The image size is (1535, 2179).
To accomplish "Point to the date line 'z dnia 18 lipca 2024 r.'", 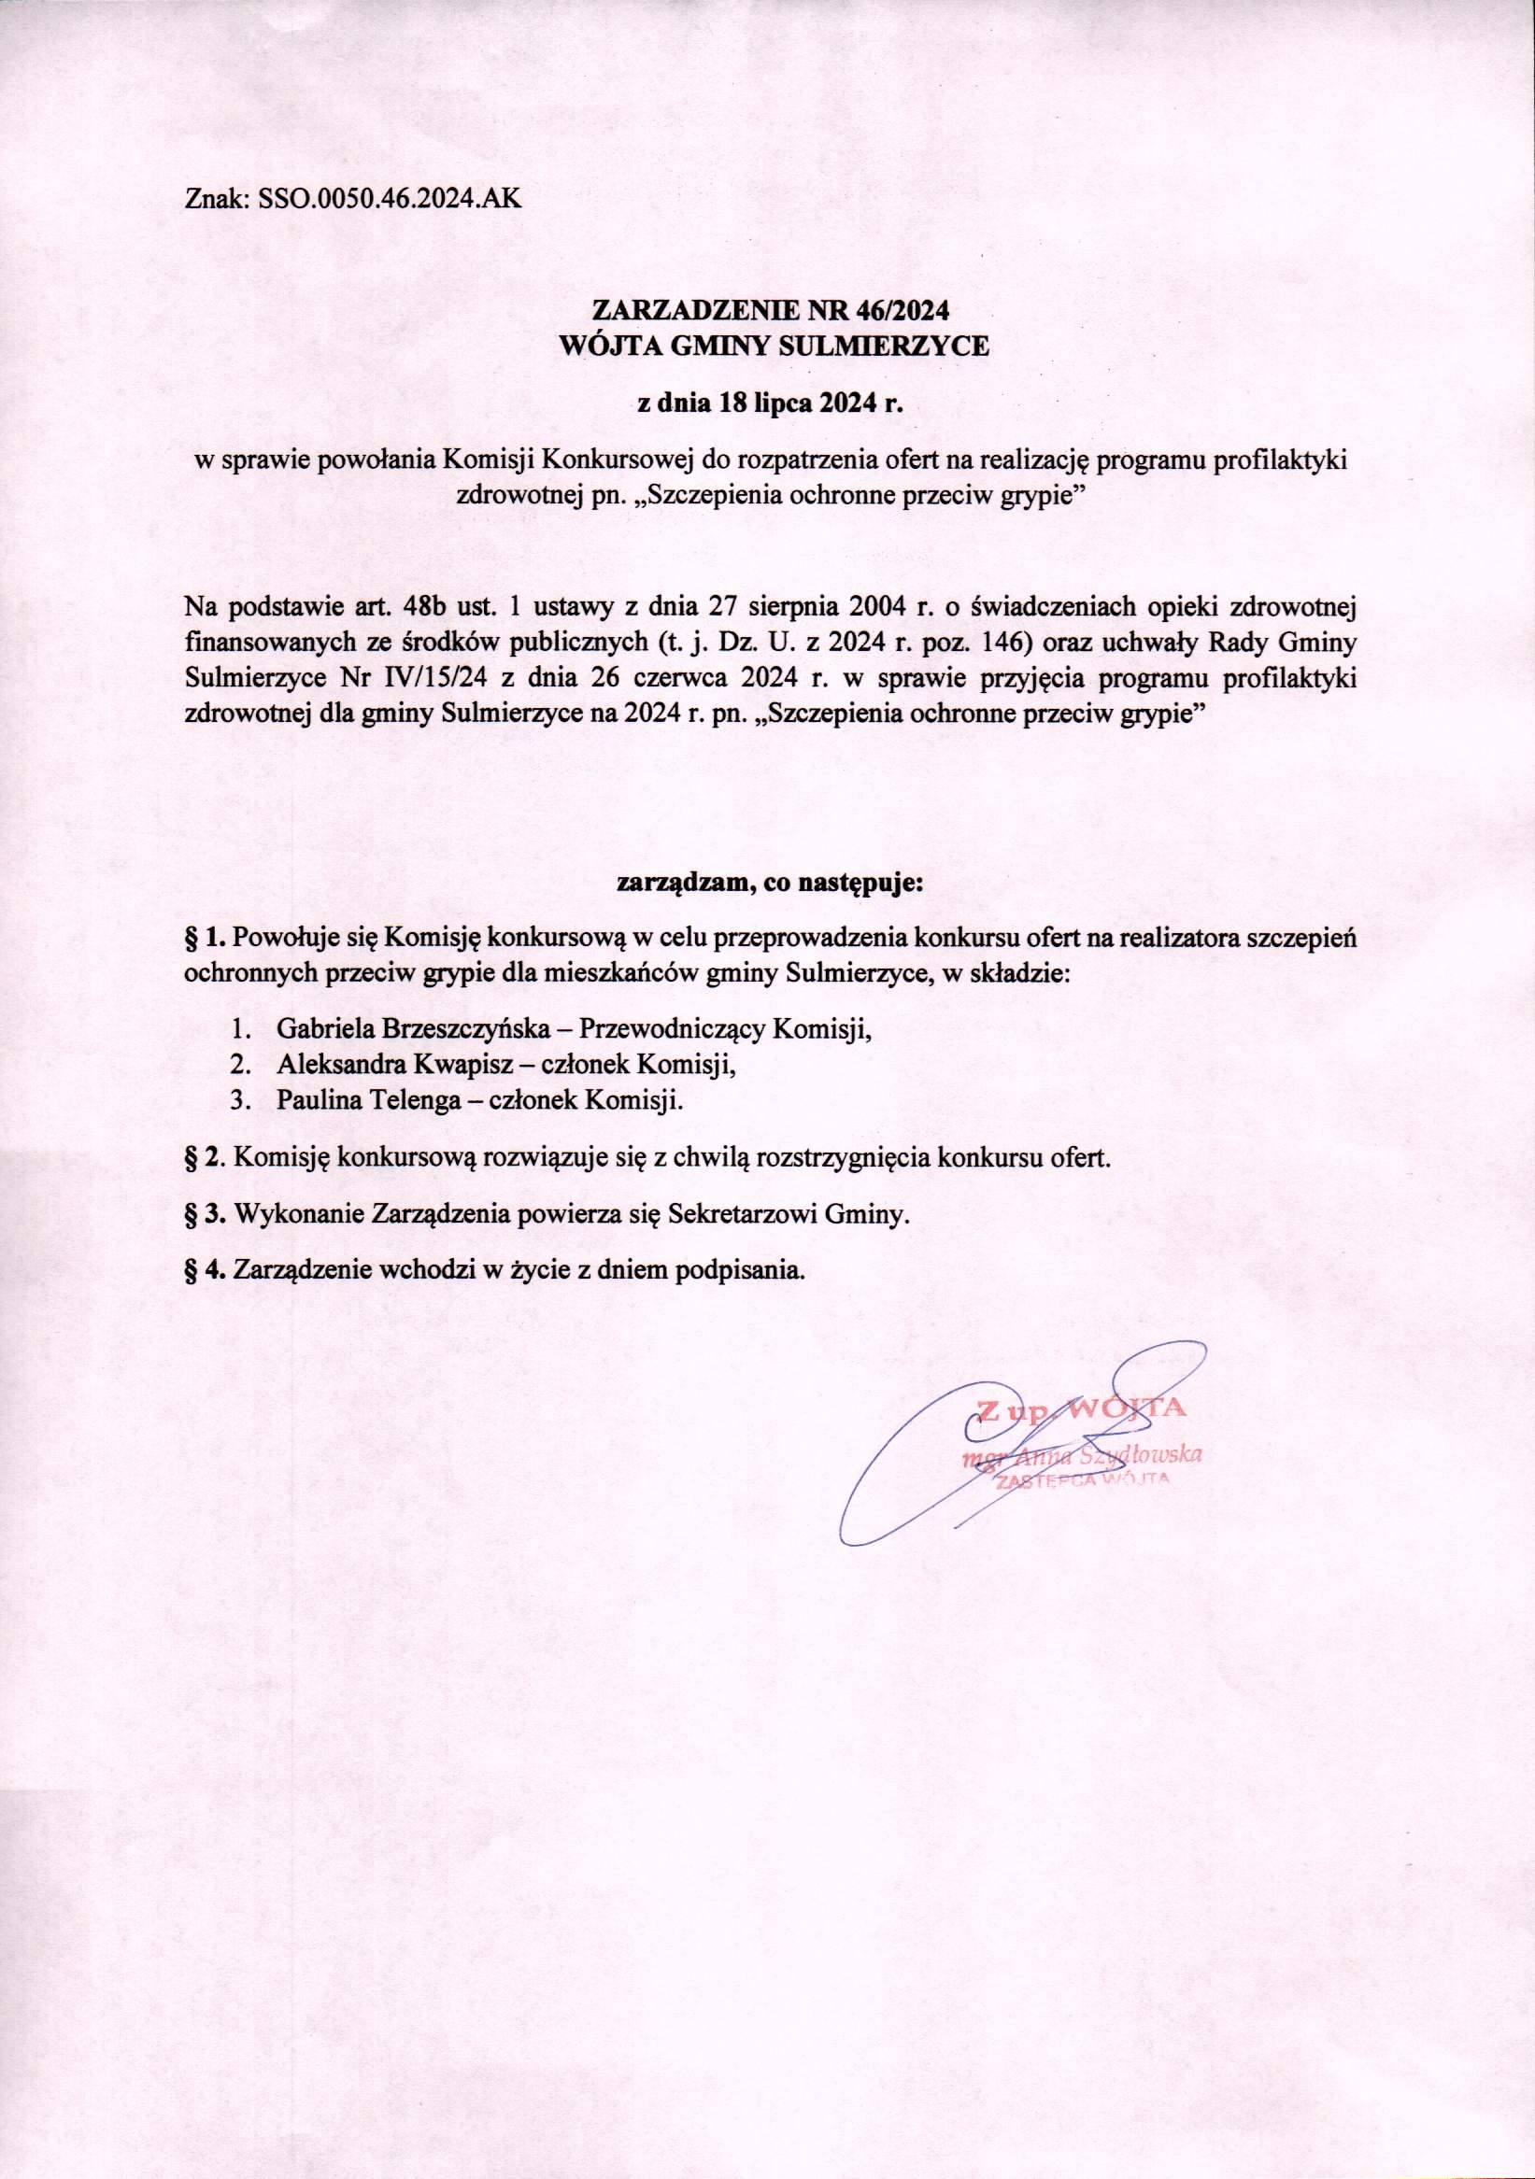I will pos(767,404).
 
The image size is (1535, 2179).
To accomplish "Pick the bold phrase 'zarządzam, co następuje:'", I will pos(770,884).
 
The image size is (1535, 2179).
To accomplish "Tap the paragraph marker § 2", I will pos(204,1159).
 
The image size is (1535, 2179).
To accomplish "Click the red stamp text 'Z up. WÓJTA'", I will pos(1080,1408).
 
